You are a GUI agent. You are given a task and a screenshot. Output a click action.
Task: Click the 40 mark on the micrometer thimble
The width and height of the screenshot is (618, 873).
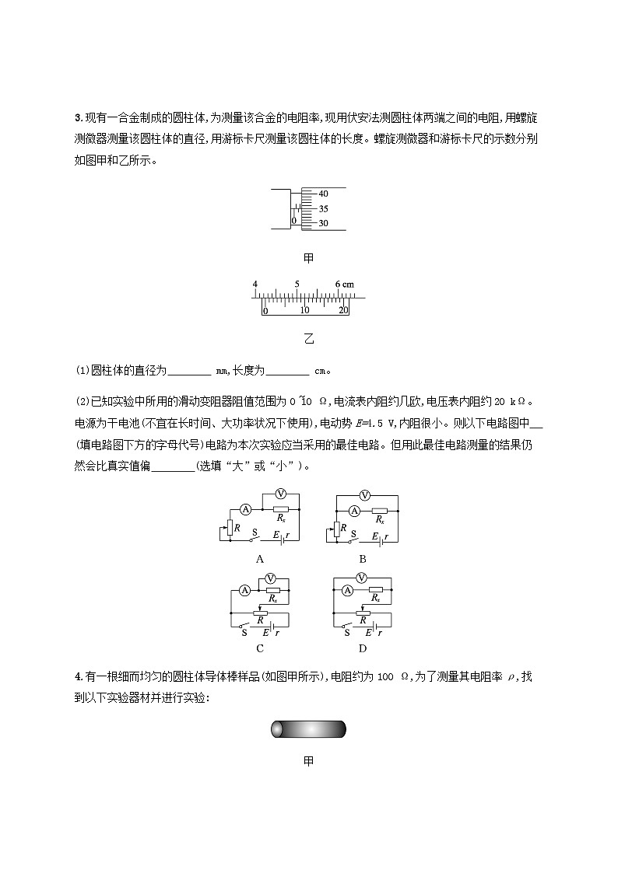click(324, 194)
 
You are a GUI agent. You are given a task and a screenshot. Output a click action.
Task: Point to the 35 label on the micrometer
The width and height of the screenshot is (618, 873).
click(324, 208)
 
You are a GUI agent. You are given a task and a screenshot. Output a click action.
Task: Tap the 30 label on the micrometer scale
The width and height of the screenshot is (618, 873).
click(324, 223)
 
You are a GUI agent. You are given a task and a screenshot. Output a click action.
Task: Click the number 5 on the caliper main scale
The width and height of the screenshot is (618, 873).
click(297, 285)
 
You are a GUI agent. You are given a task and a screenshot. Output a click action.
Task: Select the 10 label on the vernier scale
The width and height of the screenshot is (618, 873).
click(304, 309)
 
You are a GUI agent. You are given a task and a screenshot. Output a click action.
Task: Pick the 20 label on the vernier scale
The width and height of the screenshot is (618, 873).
click(343, 309)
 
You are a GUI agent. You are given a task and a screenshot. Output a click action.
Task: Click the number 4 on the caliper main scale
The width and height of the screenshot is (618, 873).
click(255, 285)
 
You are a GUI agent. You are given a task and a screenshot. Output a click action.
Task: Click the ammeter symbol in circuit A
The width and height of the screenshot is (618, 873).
click(244, 508)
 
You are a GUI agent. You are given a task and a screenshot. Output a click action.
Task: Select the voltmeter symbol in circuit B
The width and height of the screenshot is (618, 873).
click(362, 495)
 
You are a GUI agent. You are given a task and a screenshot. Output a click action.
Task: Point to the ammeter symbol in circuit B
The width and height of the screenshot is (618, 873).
click(354, 511)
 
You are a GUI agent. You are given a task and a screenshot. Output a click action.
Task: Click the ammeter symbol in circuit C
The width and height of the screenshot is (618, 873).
click(242, 592)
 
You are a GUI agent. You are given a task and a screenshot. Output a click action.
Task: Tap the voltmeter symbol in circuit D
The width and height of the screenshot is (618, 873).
click(362, 578)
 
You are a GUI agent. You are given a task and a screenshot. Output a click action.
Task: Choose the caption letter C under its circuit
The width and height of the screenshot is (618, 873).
click(260, 648)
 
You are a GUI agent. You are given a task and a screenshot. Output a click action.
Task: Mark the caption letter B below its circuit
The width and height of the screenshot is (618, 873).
click(362, 558)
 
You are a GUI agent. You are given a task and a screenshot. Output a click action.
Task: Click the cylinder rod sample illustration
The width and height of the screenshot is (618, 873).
click(308, 729)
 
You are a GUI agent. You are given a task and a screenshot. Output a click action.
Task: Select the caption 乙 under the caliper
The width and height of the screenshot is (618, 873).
click(308, 339)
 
